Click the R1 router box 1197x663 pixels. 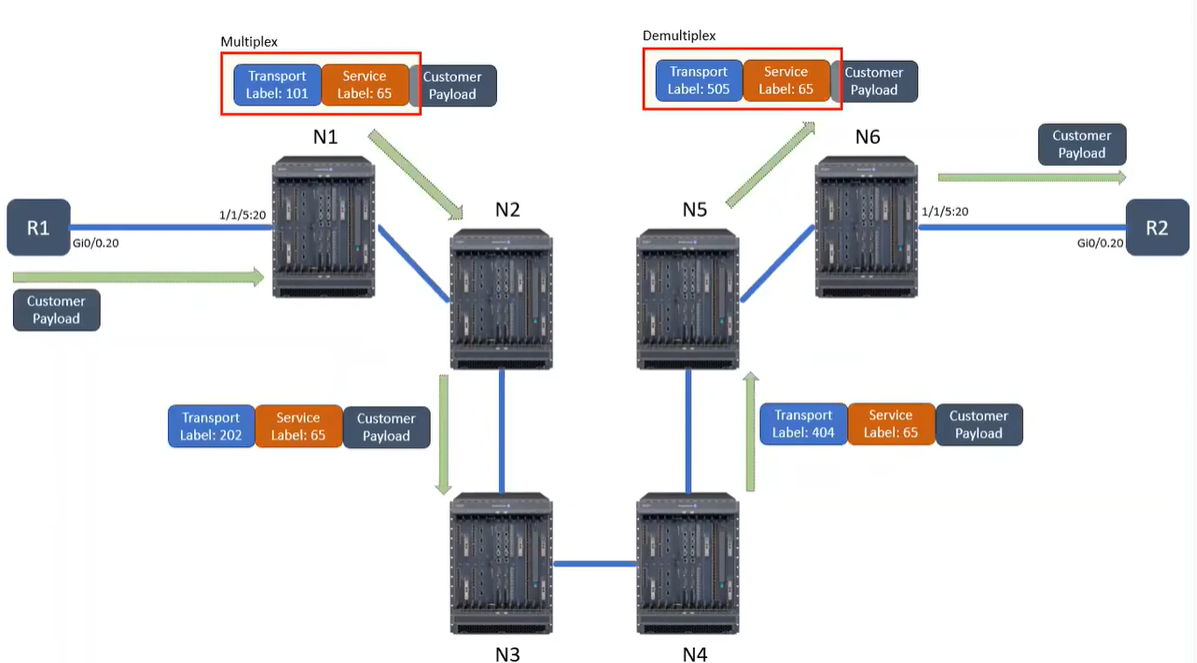pyautogui.click(x=38, y=228)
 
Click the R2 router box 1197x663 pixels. pyautogui.click(x=1156, y=227)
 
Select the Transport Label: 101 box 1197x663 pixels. pyautogui.click(x=277, y=86)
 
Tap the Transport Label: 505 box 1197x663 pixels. pyautogui.click(x=699, y=81)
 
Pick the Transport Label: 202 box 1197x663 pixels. pyautogui.click(x=211, y=427)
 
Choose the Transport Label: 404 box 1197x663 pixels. pyautogui.click(x=803, y=424)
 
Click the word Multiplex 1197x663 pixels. pyautogui.click(x=249, y=42)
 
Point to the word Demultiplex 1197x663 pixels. pyautogui.click(x=679, y=36)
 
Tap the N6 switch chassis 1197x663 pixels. pyautogui.click(x=866, y=225)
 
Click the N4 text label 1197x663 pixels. pyautogui.click(x=695, y=654)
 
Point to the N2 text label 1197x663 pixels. pyautogui.click(x=508, y=210)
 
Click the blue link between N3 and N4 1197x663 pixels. pyautogui.click(x=595, y=564)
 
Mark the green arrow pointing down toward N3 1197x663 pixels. pyautogui.click(x=443, y=435)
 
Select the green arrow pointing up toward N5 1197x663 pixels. pyautogui.click(x=752, y=431)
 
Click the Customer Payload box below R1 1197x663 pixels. pyautogui.click(x=56, y=310)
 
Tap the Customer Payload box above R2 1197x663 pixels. pyautogui.click(x=1082, y=144)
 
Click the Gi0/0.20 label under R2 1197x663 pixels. pyautogui.click(x=1100, y=243)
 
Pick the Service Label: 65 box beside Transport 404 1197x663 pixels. pyautogui.click(x=891, y=424)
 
